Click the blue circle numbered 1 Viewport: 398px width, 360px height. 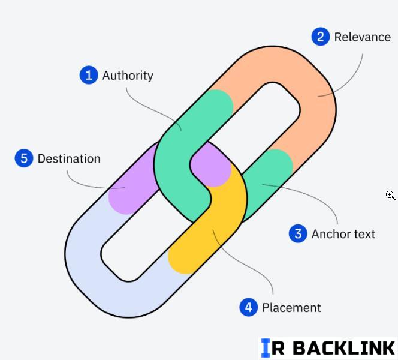click(x=89, y=75)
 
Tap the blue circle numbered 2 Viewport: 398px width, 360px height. click(x=321, y=37)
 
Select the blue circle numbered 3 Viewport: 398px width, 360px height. click(x=298, y=233)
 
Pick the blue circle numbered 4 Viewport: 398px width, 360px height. click(x=248, y=307)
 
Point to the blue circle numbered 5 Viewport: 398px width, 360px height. click(x=24, y=158)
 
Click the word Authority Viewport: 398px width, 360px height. click(x=128, y=76)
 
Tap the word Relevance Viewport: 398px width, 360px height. click(x=362, y=37)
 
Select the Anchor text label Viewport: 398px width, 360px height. click(x=343, y=234)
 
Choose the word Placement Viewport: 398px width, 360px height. click(x=291, y=308)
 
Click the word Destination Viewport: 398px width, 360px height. click(x=69, y=159)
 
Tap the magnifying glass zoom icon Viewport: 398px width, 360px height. click(x=390, y=195)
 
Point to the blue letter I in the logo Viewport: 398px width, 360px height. click(x=266, y=348)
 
